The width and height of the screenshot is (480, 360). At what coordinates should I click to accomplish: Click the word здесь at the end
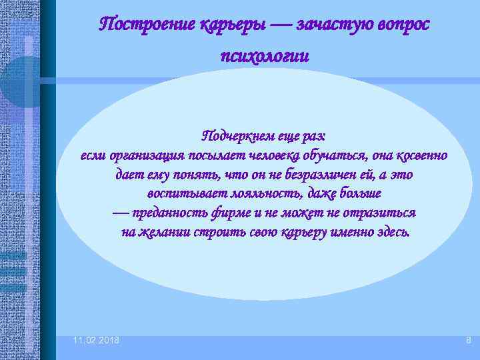point(393,233)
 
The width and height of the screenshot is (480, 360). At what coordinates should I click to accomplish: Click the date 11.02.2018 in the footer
point(97,341)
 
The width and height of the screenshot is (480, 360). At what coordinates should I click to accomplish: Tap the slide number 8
point(468,341)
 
